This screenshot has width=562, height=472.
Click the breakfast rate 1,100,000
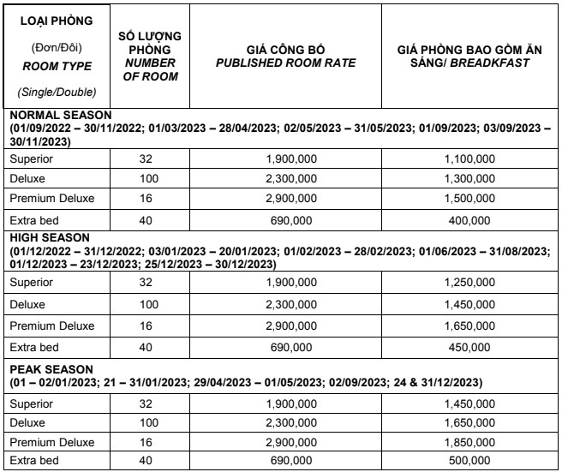point(469,159)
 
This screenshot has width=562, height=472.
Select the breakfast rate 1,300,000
point(469,179)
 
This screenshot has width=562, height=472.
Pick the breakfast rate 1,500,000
point(469,199)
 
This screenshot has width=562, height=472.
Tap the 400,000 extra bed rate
point(469,220)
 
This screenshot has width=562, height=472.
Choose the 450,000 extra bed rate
point(469,348)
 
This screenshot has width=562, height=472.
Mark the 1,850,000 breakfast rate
point(469,443)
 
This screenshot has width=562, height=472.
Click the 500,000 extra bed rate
point(469,461)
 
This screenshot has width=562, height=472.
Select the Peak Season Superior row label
point(31,405)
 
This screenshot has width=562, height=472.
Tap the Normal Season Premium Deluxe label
point(51,199)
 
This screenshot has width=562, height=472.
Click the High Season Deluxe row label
point(27,305)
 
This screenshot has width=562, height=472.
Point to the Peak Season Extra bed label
point(33,461)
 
